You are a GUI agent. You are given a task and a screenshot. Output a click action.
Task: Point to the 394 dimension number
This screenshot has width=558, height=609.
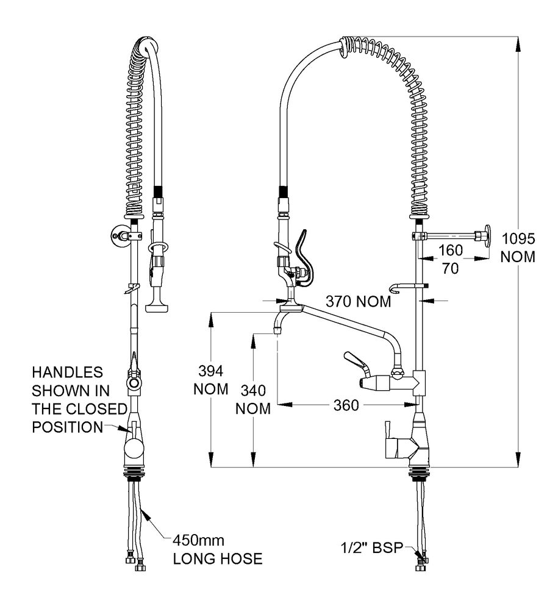(210, 371)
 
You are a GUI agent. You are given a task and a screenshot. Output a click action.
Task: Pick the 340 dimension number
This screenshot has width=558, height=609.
(253, 390)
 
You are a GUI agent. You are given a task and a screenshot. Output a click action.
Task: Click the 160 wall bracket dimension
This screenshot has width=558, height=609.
(450, 249)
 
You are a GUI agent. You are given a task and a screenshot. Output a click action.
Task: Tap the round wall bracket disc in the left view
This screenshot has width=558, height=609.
(116, 234)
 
